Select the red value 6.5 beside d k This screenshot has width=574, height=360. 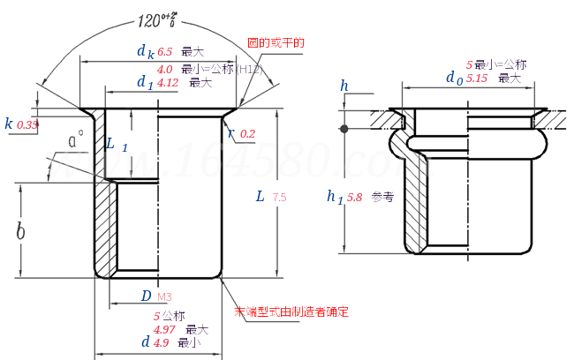point(165,53)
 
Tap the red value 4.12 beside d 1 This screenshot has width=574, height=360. point(168,83)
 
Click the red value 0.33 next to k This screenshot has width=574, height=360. point(27,125)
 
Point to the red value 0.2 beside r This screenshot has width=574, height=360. point(247,134)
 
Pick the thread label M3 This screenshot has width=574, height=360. point(164,296)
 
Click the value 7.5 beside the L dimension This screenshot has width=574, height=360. point(280,198)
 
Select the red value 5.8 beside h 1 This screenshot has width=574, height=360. point(355,198)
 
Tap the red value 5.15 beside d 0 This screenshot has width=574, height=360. point(477,79)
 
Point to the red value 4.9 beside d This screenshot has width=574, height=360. point(162,342)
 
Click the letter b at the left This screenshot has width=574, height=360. point(20,231)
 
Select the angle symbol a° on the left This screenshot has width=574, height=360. point(77,139)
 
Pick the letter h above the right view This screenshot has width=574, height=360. point(344,86)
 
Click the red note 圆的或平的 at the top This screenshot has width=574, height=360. point(276,42)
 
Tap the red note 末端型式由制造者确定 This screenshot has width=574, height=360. point(291,311)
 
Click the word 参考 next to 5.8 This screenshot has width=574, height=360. point(381,198)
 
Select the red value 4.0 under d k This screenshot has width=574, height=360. point(165,69)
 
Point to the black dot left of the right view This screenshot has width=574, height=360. point(344,129)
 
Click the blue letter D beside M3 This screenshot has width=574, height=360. point(146,296)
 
